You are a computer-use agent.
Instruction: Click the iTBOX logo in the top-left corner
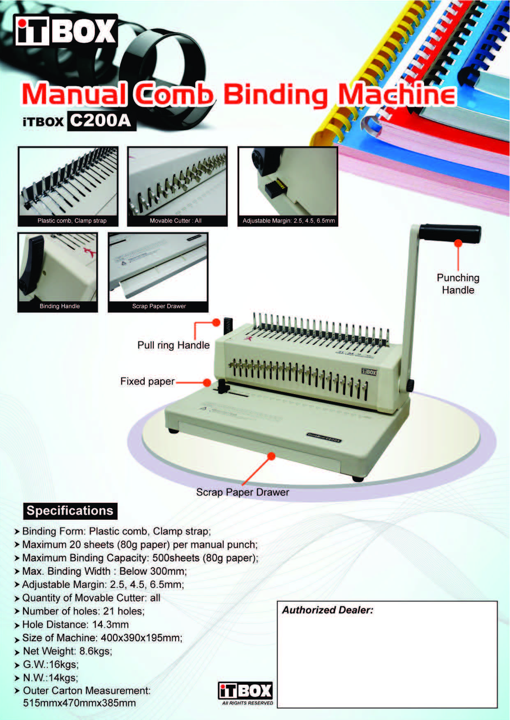66,31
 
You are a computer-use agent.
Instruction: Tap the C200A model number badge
101,121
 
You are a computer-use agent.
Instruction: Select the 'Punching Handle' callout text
458,284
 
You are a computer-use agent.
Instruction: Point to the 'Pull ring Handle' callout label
173,345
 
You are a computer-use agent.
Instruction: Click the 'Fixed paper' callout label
148,381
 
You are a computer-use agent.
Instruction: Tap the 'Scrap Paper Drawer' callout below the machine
242,492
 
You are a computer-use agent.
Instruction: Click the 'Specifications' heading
70,511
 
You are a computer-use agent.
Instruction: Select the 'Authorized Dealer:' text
328,610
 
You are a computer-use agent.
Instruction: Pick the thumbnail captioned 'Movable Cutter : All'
177,186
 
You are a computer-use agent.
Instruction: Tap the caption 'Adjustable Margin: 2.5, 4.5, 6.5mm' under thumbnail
288,221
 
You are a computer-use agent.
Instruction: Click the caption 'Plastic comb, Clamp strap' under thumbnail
72,221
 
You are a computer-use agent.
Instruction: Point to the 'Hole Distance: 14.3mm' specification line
75,624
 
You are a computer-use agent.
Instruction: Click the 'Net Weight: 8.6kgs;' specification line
67,651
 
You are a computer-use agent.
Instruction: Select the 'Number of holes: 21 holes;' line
83,611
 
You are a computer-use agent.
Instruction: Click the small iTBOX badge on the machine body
369,372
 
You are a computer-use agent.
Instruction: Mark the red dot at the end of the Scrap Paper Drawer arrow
271,456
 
